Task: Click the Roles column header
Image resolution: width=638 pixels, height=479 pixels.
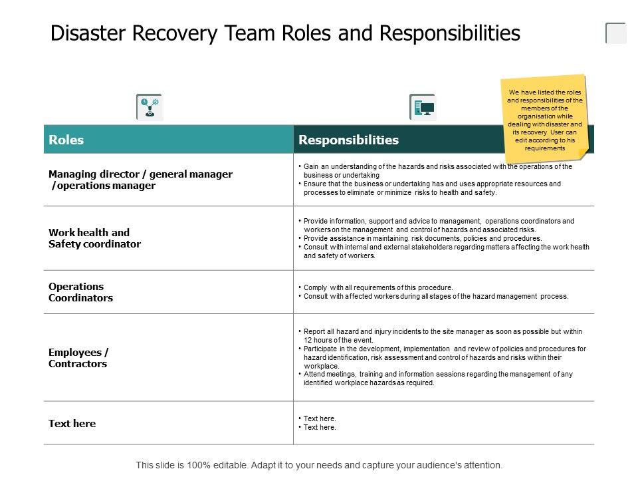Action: click(66, 140)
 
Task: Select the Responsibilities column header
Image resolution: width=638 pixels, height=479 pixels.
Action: click(349, 140)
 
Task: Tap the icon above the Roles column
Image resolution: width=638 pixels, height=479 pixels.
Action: click(149, 106)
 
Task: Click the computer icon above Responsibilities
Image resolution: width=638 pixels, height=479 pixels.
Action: click(423, 106)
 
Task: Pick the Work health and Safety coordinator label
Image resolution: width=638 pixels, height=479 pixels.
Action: click(94, 238)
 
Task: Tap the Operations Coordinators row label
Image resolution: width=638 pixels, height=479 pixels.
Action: click(80, 292)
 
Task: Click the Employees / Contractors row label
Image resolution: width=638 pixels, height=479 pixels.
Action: click(78, 358)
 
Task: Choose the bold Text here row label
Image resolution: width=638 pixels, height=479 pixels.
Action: click(72, 423)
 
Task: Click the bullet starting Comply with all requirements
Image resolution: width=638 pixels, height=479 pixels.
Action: click(377, 288)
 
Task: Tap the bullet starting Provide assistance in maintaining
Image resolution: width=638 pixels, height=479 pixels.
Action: click(422, 238)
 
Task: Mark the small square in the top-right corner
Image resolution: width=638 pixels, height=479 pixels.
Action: click(616, 33)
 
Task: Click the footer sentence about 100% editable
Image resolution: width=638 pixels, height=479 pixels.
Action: click(319, 465)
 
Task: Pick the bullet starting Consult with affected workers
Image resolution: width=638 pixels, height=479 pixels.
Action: click(435, 297)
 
